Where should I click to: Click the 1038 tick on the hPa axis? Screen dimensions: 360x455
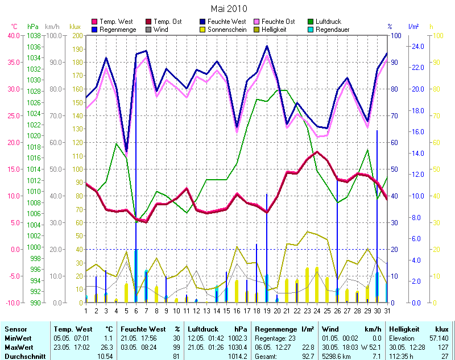(34, 35)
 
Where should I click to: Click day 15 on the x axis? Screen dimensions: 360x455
(226, 311)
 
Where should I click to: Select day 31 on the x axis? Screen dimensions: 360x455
(387, 311)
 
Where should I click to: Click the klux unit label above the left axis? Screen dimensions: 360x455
(75, 27)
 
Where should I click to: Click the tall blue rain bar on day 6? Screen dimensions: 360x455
(135, 171)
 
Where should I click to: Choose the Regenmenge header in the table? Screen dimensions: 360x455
(275, 329)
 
